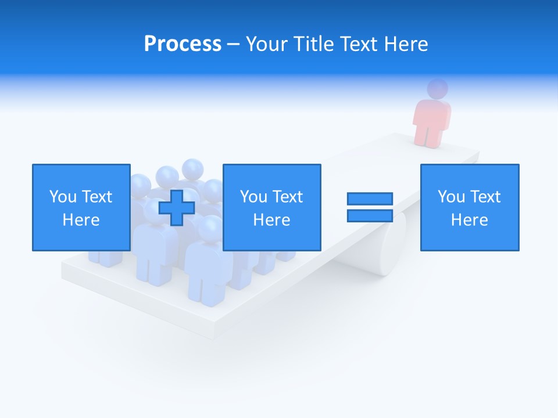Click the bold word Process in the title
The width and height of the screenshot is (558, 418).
coord(183,44)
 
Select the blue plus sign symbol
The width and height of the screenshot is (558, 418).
coord(177,207)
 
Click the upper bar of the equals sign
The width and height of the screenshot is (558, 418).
coord(370,199)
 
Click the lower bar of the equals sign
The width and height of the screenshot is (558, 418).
coord(370,215)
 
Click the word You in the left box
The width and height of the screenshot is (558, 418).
coord(63,197)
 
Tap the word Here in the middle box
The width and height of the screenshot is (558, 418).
coord(271,220)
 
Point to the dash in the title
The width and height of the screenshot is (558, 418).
coord(233,44)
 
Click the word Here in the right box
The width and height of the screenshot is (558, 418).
coord(469,220)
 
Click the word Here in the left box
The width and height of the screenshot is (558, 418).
coord(81,220)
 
